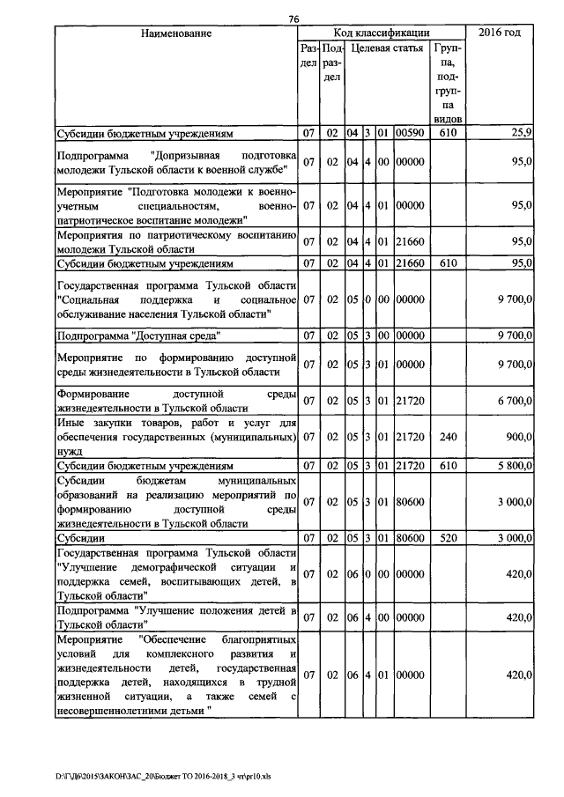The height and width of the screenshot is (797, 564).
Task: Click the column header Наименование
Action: [175, 33]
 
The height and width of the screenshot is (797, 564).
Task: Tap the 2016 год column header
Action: [499, 33]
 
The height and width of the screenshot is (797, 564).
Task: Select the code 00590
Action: [410, 133]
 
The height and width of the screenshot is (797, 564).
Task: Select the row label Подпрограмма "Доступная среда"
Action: [138, 336]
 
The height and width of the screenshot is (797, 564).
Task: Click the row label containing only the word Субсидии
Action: [81, 536]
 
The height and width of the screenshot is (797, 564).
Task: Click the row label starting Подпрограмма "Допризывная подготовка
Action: [175, 162]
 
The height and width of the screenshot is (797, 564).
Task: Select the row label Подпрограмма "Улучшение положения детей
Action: [175, 617]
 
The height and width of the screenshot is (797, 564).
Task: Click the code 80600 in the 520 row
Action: [410, 536]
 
